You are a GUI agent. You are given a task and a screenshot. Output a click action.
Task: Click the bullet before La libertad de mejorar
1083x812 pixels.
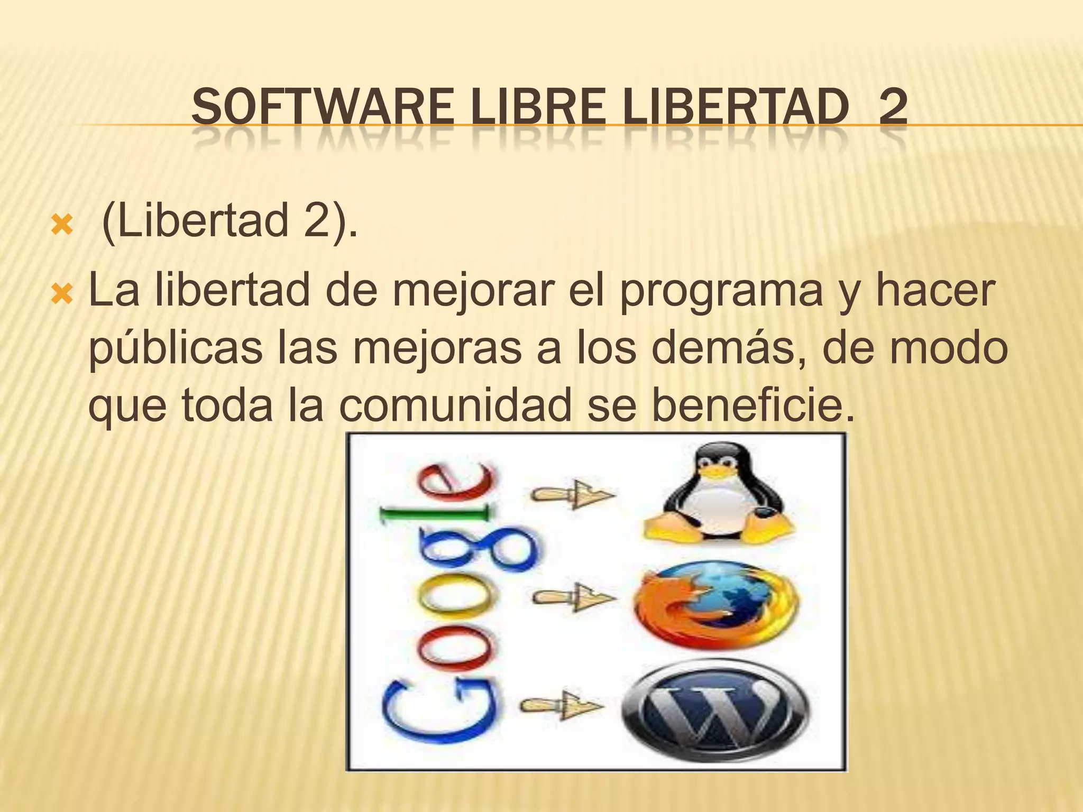pos(60,292)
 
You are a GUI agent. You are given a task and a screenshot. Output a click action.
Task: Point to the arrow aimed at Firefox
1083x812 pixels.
pos(574,598)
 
